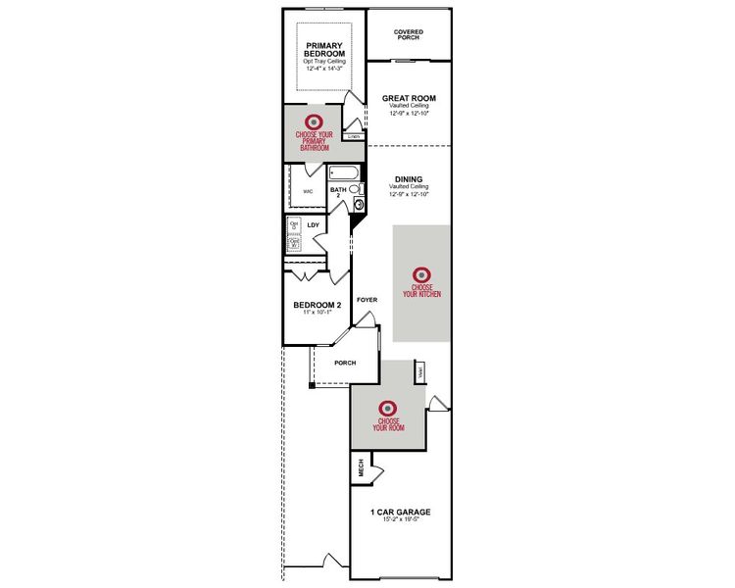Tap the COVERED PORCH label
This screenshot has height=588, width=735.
(x=409, y=34)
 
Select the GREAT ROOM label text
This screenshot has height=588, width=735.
(x=409, y=98)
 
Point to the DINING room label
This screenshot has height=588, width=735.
(x=409, y=179)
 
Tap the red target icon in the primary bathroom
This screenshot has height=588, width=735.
(x=315, y=122)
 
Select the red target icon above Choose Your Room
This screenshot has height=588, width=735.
(x=387, y=408)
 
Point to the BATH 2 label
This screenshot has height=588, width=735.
(x=338, y=193)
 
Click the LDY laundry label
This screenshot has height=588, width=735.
(x=314, y=225)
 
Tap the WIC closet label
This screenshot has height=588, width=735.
(x=307, y=191)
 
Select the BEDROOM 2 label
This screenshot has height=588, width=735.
(x=317, y=305)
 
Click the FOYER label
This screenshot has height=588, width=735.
(x=367, y=300)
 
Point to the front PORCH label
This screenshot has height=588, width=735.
(x=344, y=363)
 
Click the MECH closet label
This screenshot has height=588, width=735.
(x=360, y=467)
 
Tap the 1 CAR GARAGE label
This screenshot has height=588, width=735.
(x=400, y=512)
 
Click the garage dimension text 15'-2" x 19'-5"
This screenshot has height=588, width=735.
(x=400, y=520)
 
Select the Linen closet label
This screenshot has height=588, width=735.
(x=354, y=137)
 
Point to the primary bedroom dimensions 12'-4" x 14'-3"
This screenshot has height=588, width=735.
(x=324, y=69)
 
